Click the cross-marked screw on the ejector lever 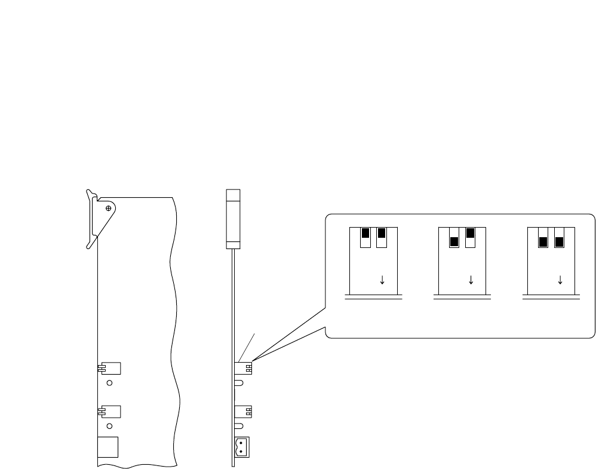108,208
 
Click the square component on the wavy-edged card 107,447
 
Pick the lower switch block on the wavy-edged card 111,411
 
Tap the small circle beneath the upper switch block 109,383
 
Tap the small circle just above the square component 109,426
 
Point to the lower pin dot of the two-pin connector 241,451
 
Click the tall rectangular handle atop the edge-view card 233,219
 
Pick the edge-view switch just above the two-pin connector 244,412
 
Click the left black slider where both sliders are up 365,233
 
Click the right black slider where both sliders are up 382,233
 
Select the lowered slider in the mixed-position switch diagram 454,242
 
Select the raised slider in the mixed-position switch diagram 470,233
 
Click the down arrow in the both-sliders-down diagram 560,279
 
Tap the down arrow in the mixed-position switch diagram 471,279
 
